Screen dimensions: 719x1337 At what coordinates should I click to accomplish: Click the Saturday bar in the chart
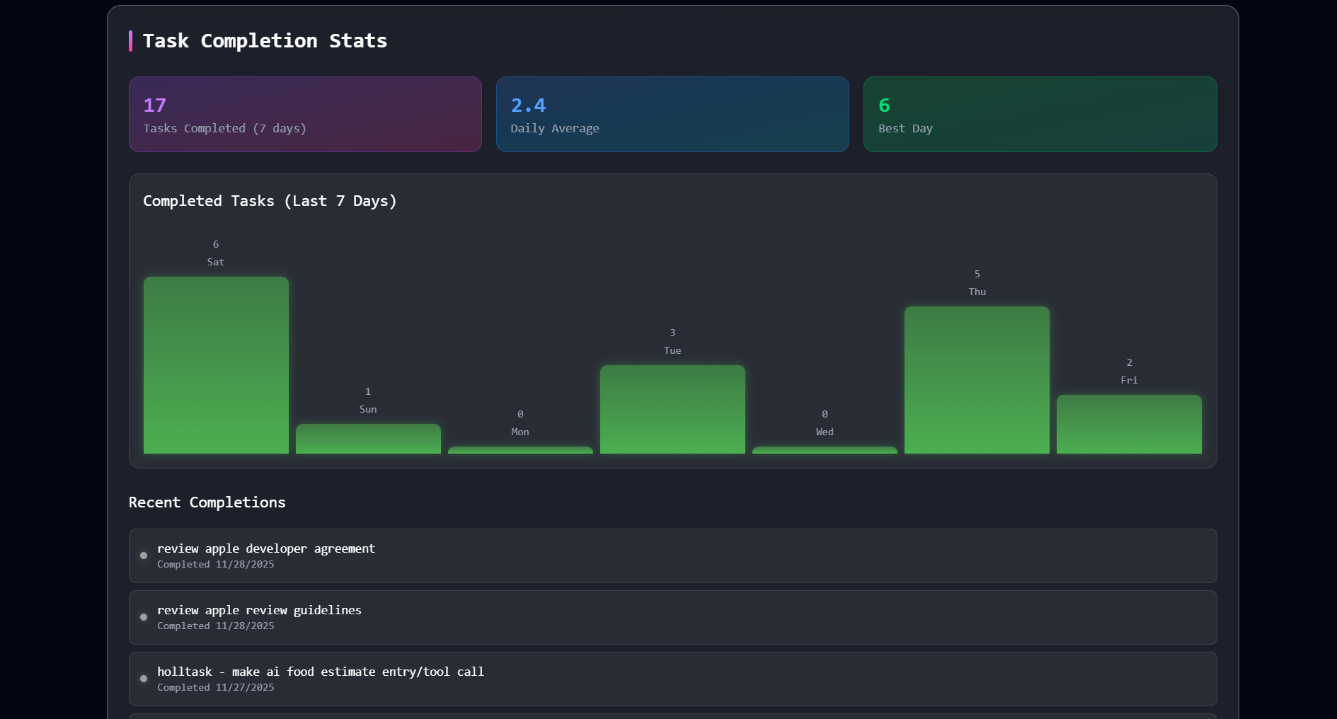pyautogui.click(x=216, y=364)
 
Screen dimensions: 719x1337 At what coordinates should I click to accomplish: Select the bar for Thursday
pyautogui.click(x=977, y=380)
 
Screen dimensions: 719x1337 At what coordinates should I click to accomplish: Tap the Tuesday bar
pyautogui.click(x=672, y=409)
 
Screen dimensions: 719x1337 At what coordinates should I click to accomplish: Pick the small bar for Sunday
pyautogui.click(x=368, y=439)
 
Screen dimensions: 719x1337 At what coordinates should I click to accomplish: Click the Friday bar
pyautogui.click(x=1129, y=424)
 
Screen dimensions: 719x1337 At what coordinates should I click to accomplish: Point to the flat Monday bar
pyautogui.click(x=520, y=450)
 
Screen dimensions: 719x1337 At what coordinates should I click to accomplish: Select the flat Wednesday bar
pyautogui.click(x=825, y=450)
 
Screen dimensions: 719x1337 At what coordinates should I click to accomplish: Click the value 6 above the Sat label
pyautogui.click(x=216, y=244)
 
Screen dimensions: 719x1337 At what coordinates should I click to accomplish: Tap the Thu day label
pyautogui.click(x=977, y=292)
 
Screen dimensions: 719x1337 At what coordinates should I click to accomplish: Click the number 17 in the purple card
pyautogui.click(x=155, y=105)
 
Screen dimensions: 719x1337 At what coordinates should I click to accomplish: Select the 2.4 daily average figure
pyautogui.click(x=528, y=105)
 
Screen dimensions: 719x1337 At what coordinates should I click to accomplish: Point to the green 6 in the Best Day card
pyautogui.click(x=884, y=105)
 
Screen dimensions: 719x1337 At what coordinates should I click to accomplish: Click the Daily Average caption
pyautogui.click(x=555, y=128)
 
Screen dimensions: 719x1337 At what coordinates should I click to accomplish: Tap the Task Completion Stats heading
pyautogui.click(x=265, y=41)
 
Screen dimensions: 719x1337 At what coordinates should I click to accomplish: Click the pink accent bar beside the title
pyautogui.click(x=130, y=41)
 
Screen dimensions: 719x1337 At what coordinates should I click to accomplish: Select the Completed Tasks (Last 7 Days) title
pyautogui.click(x=270, y=201)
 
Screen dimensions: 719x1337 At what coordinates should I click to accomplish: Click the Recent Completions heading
pyautogui.click(x=207, y=502)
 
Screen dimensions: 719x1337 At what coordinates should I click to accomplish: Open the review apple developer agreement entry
pyautogui.click(x=266, y=548)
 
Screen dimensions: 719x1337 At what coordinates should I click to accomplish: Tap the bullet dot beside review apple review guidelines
pyautogui.click(x=144, y=617)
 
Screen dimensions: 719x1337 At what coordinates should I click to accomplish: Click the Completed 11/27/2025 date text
pyautogui.click(x=215, y=687)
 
